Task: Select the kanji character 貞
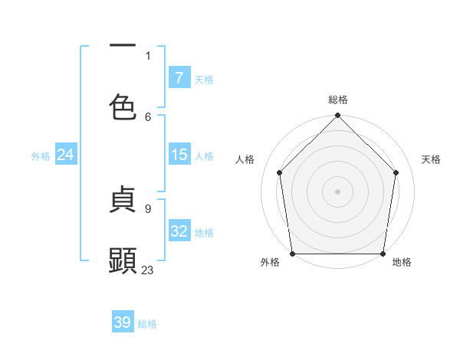123,201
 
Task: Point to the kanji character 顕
123,260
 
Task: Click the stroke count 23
148,270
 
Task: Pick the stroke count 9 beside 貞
148,208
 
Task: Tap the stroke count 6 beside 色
148,116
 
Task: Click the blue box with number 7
179,78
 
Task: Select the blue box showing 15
179,155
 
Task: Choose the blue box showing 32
179,231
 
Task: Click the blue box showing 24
66,155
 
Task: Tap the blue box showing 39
123,322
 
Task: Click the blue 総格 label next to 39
148,324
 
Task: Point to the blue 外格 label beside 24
41,156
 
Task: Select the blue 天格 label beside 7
204,80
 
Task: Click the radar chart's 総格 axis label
338,100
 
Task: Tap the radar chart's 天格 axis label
432,159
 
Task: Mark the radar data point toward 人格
280,172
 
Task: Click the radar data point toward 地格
383,254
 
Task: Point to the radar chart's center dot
338,191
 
